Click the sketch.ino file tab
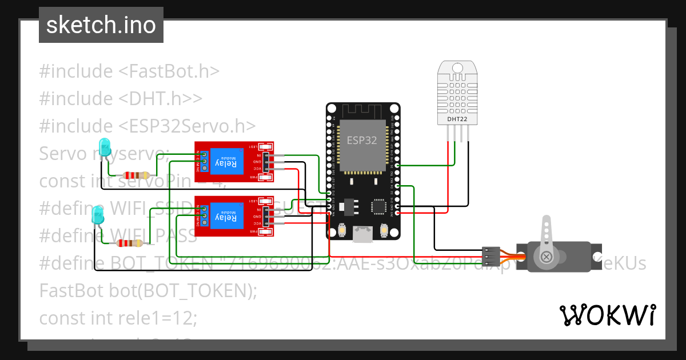[x=101, y=25]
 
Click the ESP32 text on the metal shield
[x=362, y=140]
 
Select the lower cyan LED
[x=98, y=215]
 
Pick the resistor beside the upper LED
[x=137, y=175]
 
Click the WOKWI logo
[x=607, y=315]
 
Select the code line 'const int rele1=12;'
[x=118, y=318]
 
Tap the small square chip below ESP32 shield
[x=378, y=206]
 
